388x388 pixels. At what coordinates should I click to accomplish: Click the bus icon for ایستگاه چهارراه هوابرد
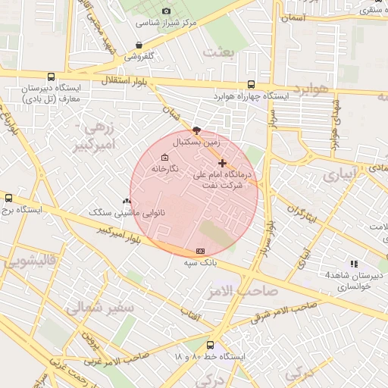[x=251, y=85]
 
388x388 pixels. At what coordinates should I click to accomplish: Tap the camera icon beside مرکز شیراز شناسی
[x=167, y=11]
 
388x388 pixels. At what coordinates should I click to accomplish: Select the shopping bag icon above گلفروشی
[x=138, y=45]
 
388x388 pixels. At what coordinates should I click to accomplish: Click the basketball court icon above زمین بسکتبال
[x=197, y=130]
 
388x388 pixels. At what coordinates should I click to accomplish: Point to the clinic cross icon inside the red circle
[x=222, y=163]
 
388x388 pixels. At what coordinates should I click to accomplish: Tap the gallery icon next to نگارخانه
[x=165, y=158]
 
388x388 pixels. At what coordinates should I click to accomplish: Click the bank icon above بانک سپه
[x=200, y=251]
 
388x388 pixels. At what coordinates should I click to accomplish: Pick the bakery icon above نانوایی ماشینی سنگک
[x=127, y=202]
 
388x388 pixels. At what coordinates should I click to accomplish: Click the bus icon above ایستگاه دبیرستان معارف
[x=51, y=77]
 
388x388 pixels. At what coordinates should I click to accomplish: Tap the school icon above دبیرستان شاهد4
[x=352, y=263]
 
